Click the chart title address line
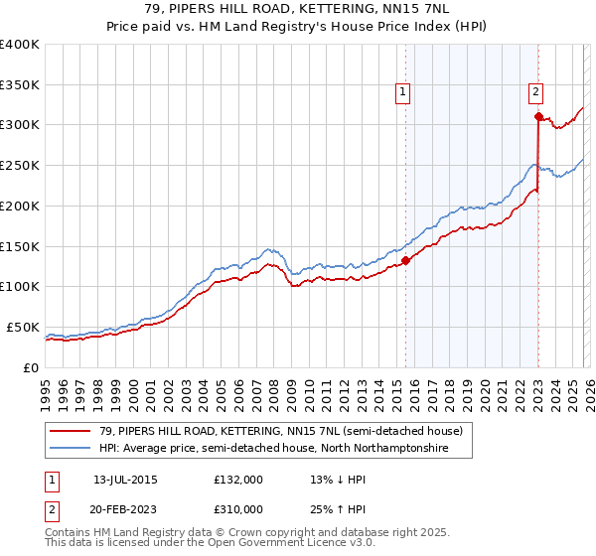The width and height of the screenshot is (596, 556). click(x=298, y=9)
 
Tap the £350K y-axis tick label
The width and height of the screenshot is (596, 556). click(x=20, y=84)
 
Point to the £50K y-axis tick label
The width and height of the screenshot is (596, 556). click(x=23, y=327)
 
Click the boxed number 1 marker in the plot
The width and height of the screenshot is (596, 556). click(x=403, y=92)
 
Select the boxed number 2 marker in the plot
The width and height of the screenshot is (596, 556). click(x=535, y=92)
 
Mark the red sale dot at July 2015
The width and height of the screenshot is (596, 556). click(x=405, y=261)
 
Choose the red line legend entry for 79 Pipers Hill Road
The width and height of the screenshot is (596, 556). click(x=281, y=432)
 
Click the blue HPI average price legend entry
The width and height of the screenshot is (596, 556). click(x=273, y=449)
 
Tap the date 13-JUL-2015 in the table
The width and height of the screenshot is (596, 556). click(x=125, y=480)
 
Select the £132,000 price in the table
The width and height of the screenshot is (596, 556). click(x=238, y=480)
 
